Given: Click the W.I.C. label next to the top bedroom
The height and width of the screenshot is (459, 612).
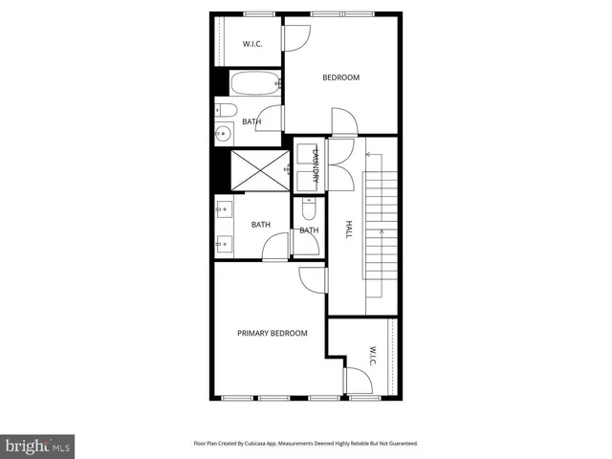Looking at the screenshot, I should pos(252,44).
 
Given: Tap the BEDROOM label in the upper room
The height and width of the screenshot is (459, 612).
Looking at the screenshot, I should pos(340,77).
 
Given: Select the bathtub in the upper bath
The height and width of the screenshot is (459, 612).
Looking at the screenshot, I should pos(254,83).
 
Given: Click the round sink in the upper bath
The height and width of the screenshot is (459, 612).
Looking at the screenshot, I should pos(225,133).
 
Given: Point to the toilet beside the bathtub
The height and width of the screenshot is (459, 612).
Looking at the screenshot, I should pos(222,108).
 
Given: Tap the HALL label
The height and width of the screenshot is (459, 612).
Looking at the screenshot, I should pos(348,230).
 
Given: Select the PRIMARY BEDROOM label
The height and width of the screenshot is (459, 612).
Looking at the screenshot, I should pos(273,333).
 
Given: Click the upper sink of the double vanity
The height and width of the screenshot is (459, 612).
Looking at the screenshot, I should pos(222,208).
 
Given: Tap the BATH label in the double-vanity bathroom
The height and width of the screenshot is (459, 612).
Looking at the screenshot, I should pos(260,225).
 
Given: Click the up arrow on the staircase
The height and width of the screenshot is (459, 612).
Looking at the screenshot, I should pos(382,230).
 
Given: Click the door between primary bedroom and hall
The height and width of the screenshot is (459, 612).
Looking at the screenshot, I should pos(313,278).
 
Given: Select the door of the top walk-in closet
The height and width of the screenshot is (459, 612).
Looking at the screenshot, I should pos(295,36).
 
